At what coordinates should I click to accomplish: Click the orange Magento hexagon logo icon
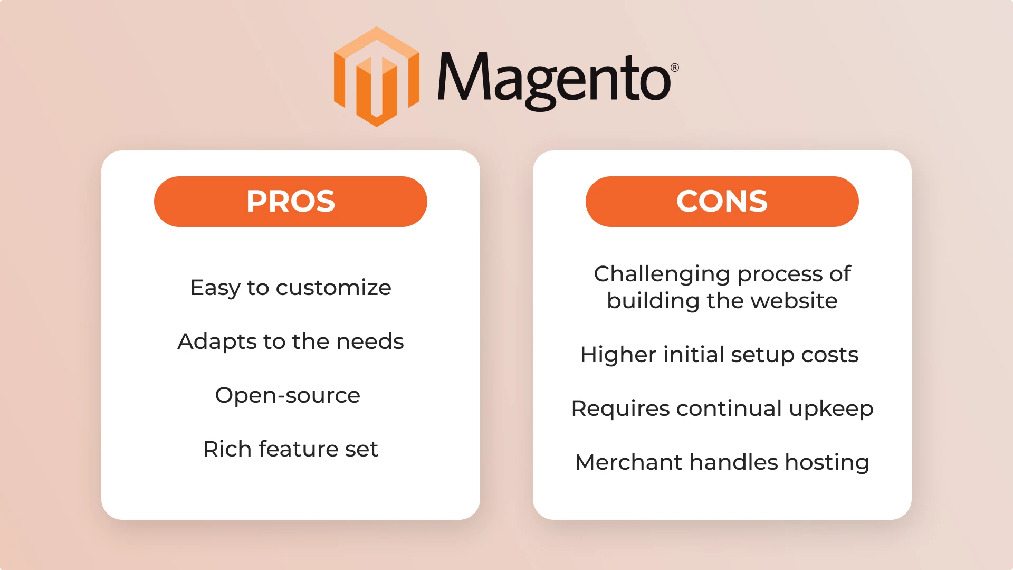pos(377,77)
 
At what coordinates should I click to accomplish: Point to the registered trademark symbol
pos(675,68)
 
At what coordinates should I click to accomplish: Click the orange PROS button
pos(291,202)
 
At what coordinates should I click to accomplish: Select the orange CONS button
pos(722,202)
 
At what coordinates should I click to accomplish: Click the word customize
pos(333,288)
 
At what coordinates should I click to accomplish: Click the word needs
pos(370,342)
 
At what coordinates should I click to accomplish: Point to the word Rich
pos(227,449)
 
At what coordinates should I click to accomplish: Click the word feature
pos(298,449)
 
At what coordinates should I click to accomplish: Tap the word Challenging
pos(662,274)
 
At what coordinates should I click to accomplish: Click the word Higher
pos(618,355)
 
